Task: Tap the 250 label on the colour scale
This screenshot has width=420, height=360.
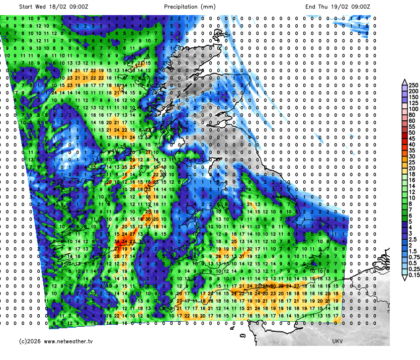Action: point(413,85)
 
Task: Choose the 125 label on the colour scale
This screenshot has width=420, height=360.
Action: point(413,103)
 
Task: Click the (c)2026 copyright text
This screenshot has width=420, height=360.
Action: point(30,341)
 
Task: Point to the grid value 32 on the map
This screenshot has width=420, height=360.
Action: point(250,249)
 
